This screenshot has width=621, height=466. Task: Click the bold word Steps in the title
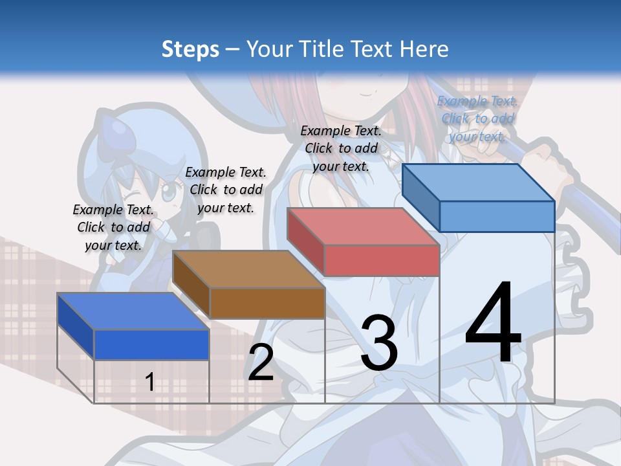coord(190,49)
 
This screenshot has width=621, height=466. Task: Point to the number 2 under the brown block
coord(261,362)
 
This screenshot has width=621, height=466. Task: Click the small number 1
coord(149,382)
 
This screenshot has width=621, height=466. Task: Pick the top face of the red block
coord(362,227)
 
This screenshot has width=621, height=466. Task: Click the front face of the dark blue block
coord(151,344)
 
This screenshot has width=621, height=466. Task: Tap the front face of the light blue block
coord(497,216)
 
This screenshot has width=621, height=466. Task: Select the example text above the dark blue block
coord(113,227)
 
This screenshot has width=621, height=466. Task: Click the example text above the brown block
coord(226,190)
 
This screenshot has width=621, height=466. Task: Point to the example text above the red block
coord(341,148)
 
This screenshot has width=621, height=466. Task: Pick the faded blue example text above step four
coord(477,118)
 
